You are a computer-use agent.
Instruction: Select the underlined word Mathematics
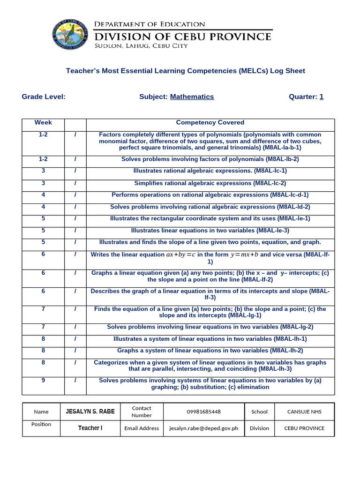[x=192, y=97]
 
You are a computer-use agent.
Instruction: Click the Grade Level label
[x=44, y=97]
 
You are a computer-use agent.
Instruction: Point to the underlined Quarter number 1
[x=322, y=97]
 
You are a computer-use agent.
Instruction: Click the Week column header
[x=43, y=123]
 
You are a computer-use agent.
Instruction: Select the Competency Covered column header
[x=210, y=123]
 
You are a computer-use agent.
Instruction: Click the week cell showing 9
[x=43, y=381]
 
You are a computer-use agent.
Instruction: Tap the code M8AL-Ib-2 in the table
[x=282, y=159]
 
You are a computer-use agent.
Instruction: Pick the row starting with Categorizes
[x=210, y=366]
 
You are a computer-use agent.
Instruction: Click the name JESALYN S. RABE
[x=90, y=412]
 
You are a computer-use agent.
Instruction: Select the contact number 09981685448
[x=204, y=412]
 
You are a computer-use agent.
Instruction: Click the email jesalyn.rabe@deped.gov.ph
[x=204, y=428]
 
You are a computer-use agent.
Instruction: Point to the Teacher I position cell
[x=90, y=428]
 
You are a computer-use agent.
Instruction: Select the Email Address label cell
[x=142, y=428]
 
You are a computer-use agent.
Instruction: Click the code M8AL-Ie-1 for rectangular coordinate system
[x=293, y=218]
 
